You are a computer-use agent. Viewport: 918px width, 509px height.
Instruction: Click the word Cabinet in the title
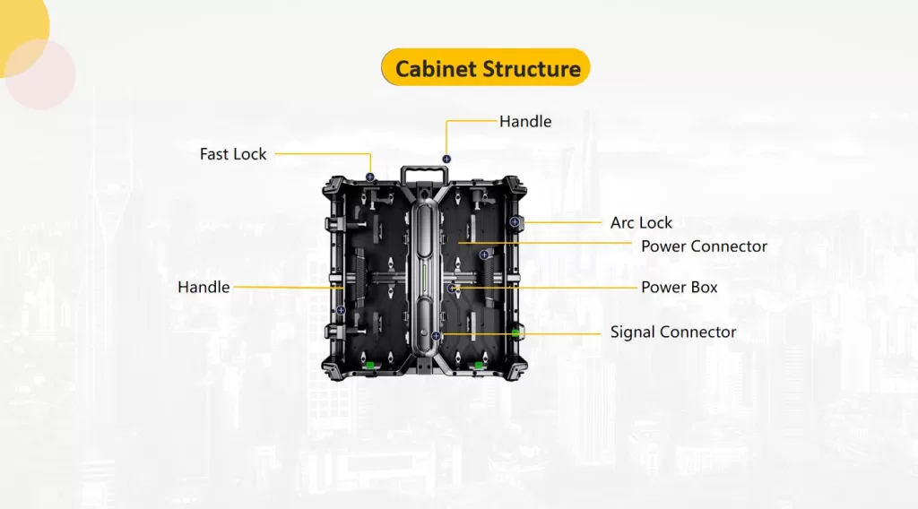435,69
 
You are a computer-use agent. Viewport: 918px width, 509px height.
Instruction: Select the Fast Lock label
233,154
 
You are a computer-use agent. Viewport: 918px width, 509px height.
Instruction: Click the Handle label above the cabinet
525,121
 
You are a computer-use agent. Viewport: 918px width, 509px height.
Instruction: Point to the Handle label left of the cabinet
204,288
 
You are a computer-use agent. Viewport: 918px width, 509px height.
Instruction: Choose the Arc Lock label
641,222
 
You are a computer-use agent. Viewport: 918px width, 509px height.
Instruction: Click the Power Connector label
704,246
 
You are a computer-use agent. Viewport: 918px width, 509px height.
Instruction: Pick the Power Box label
679,288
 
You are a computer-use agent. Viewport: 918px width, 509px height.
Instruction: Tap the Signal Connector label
673,332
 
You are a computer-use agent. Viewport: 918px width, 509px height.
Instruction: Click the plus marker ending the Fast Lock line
369,177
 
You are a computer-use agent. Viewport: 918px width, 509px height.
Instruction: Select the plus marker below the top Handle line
446,159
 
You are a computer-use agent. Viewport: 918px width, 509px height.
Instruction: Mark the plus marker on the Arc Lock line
515,221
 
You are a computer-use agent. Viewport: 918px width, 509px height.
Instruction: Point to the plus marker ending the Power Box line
452,289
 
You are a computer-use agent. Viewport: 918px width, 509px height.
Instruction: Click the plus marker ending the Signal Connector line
436,335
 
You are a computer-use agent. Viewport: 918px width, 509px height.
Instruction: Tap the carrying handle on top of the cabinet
425,173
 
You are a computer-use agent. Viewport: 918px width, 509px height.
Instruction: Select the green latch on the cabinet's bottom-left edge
368,365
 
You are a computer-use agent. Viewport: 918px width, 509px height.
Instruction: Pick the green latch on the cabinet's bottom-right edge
479,365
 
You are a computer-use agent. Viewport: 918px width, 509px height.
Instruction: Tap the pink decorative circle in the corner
38,73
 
